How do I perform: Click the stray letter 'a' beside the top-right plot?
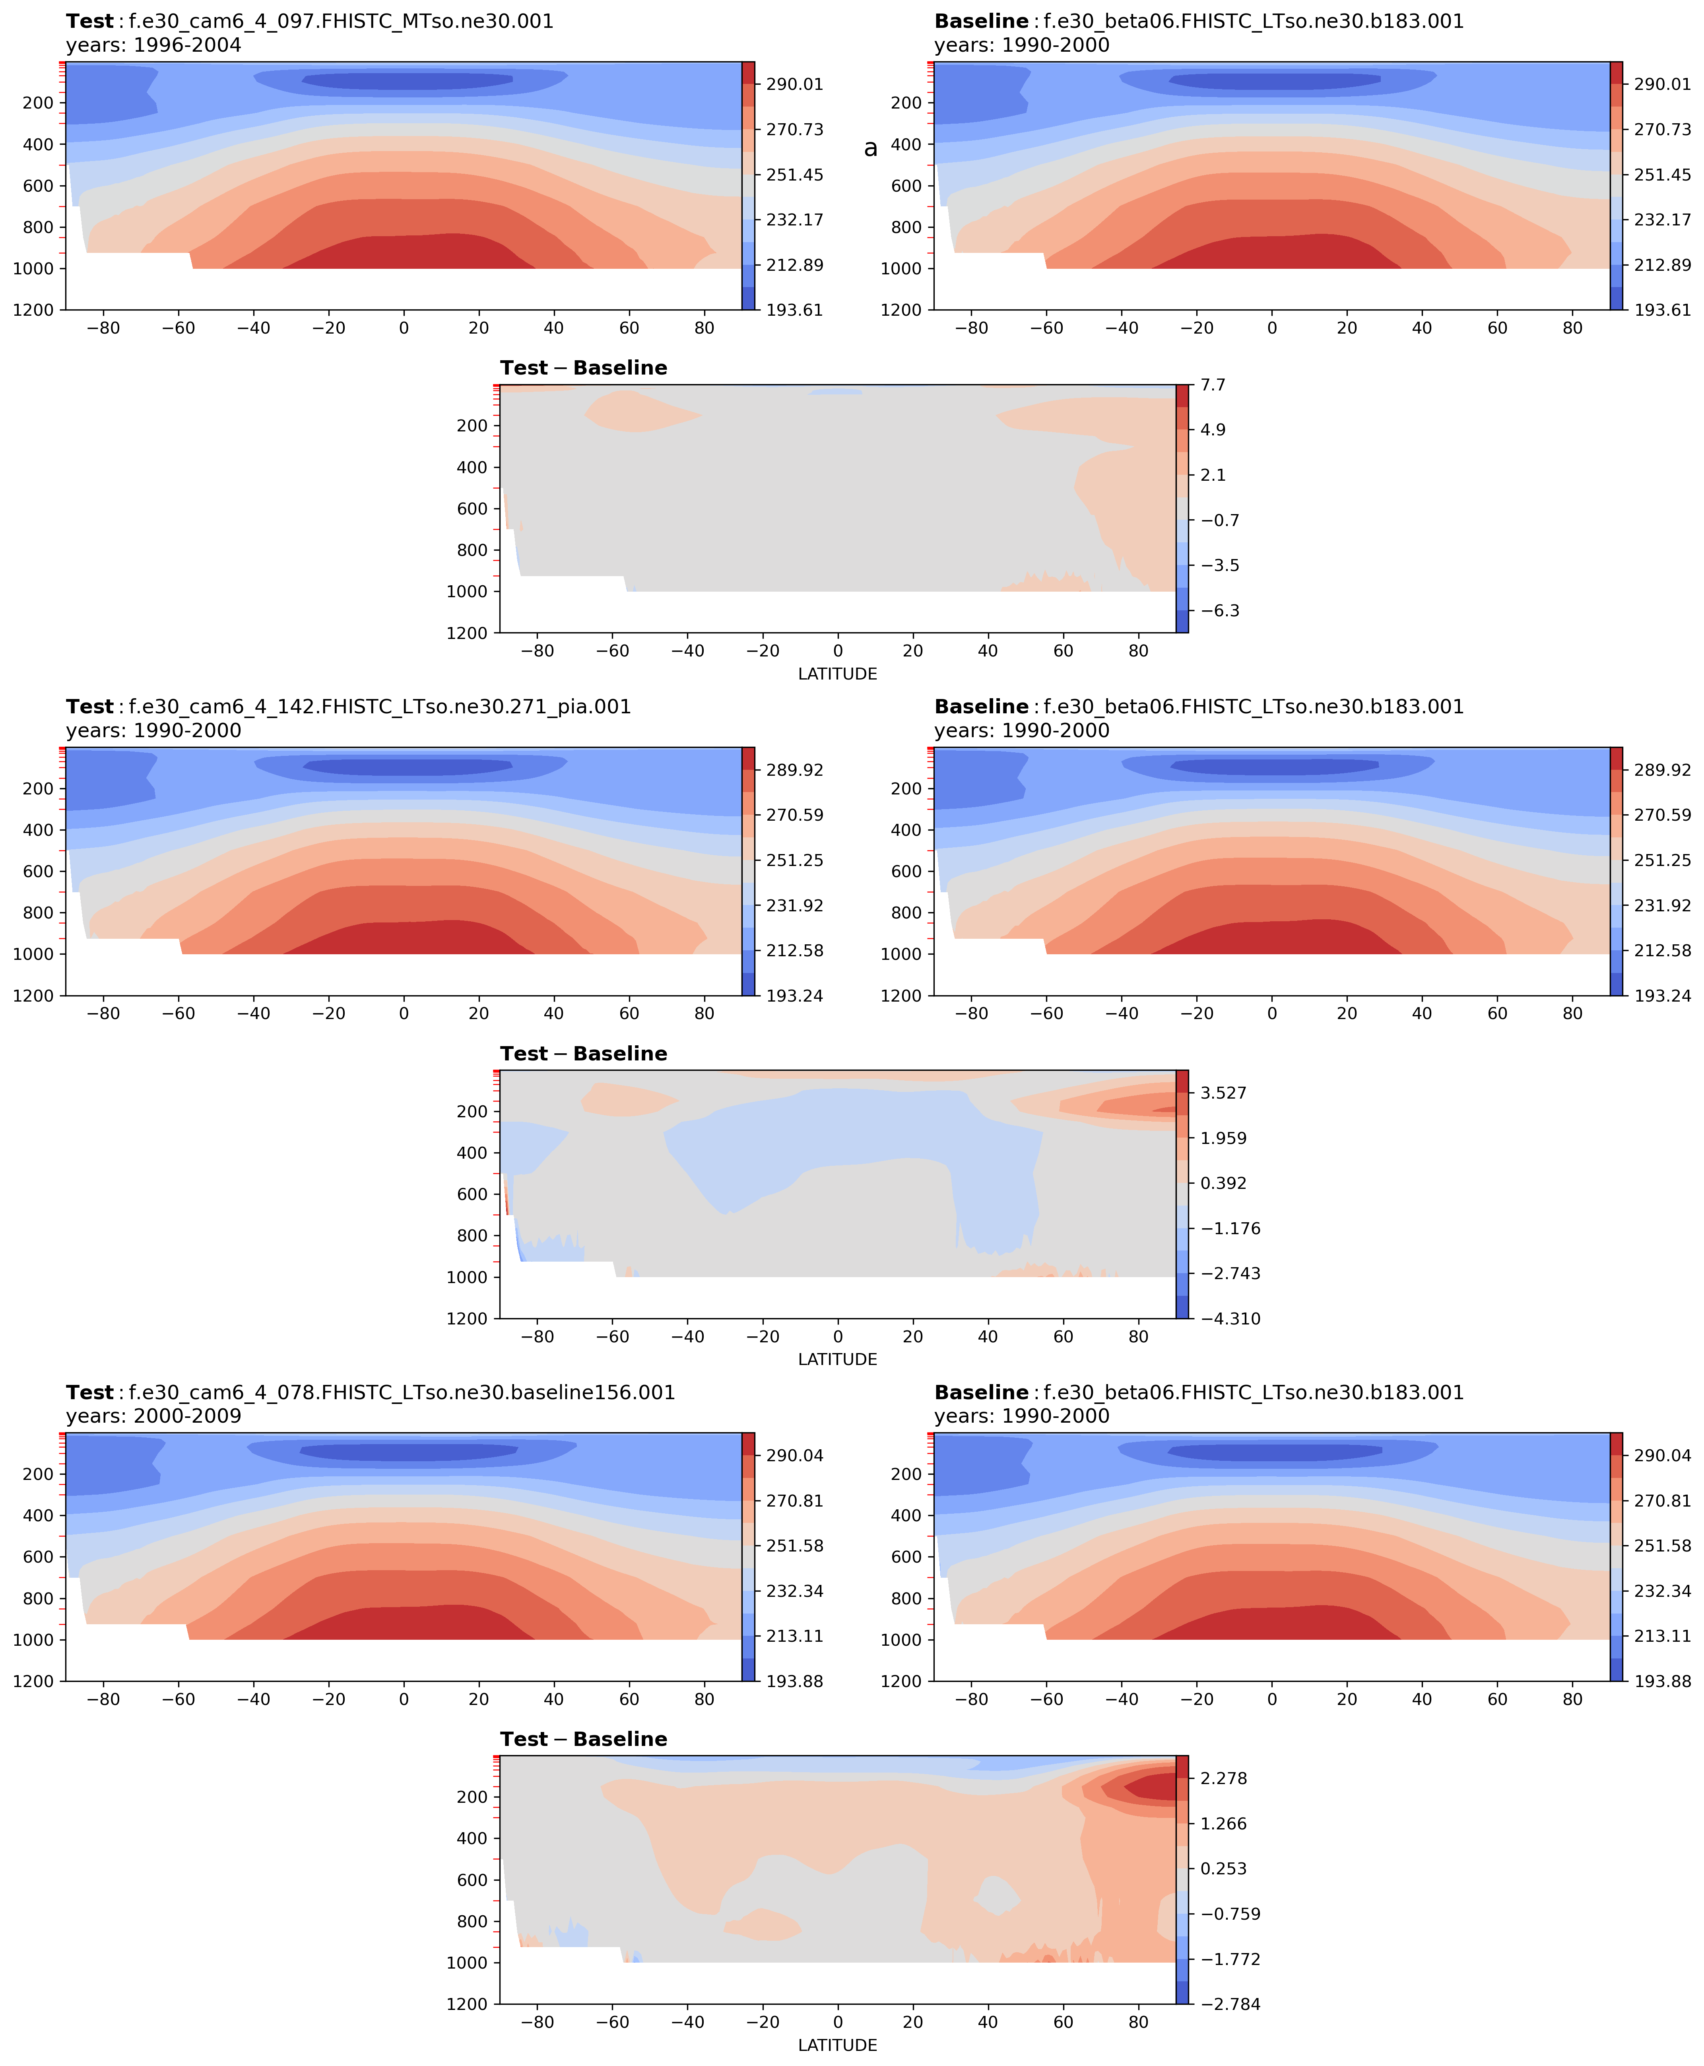pyautogui.click(x=869, y=148)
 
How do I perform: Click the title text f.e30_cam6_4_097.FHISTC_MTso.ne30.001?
pyautogui.click(x=341, y=21)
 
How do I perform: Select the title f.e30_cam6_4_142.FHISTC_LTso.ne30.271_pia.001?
pyautogui.click(x=380, y=707)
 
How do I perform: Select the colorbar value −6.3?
pyautogui.click(x=1219, y=610)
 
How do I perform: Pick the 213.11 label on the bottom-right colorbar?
pyautogui.click(x=1663, y=1636)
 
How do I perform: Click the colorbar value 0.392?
pyautogui.click(x=1223, y=1183)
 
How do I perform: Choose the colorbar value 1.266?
pyautogui.click(x=1223, y=1823)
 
